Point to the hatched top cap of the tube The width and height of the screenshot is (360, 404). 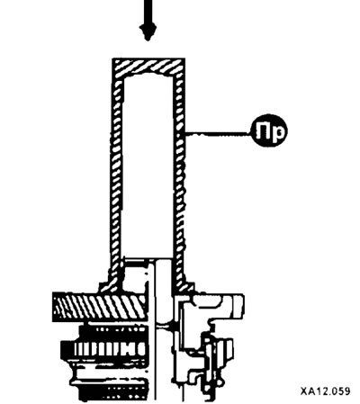[148, 67]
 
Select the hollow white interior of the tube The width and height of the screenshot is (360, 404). [148, 166]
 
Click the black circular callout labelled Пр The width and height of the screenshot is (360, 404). [269, 130]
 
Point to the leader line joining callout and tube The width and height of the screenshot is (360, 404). [219, 134]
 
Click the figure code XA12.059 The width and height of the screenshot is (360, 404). [325, 391]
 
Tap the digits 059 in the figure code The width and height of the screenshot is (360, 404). [340, 391]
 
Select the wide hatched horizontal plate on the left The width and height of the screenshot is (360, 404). [100, 308]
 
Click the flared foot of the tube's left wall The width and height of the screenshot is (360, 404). [112, 282]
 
